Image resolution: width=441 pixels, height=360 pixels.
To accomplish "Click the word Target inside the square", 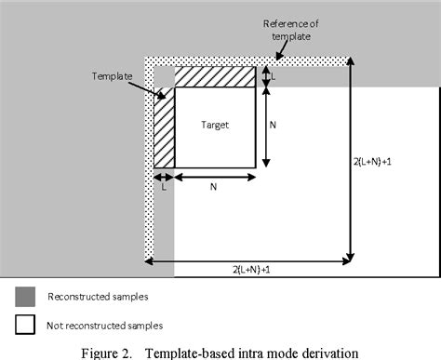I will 214,124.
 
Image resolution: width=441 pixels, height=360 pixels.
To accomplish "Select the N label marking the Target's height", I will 274,124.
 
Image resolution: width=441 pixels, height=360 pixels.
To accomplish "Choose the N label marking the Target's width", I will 214,187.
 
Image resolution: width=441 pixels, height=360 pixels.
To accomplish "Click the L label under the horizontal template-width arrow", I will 164,187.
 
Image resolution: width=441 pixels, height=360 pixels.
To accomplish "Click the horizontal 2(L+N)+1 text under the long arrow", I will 250,269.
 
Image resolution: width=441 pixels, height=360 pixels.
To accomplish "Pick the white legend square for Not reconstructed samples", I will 25,325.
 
